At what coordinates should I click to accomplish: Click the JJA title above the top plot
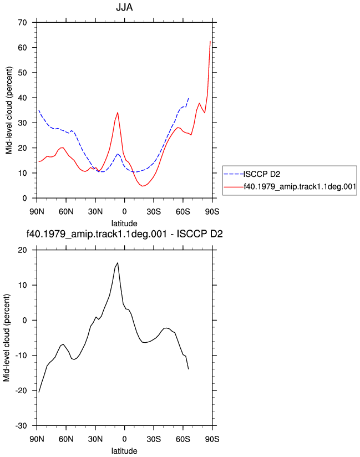[124, 7]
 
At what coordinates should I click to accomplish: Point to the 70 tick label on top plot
[22, 22]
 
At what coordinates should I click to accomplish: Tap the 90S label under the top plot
[212, 212]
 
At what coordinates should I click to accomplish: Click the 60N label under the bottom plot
[66, 439]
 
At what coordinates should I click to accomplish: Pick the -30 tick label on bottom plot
[21, 426]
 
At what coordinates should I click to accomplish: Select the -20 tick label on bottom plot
[21, 390]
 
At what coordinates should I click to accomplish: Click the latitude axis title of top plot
[124, 224]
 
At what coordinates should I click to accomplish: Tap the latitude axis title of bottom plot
[124, 451]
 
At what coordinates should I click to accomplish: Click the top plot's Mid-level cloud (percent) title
[9, 110]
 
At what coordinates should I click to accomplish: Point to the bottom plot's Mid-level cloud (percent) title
[7, 338]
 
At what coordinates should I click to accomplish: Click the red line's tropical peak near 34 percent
[118, 112]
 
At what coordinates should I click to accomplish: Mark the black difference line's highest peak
[118, 262]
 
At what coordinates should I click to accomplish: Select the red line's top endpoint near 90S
[210, 42]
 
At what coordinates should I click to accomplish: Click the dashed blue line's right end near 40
[189, 98]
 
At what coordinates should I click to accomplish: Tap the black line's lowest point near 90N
[39, 392]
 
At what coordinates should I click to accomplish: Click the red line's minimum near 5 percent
[143, 186]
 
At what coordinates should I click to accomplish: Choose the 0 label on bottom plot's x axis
[124, 439]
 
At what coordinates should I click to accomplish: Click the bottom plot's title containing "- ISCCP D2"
[124, 233]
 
